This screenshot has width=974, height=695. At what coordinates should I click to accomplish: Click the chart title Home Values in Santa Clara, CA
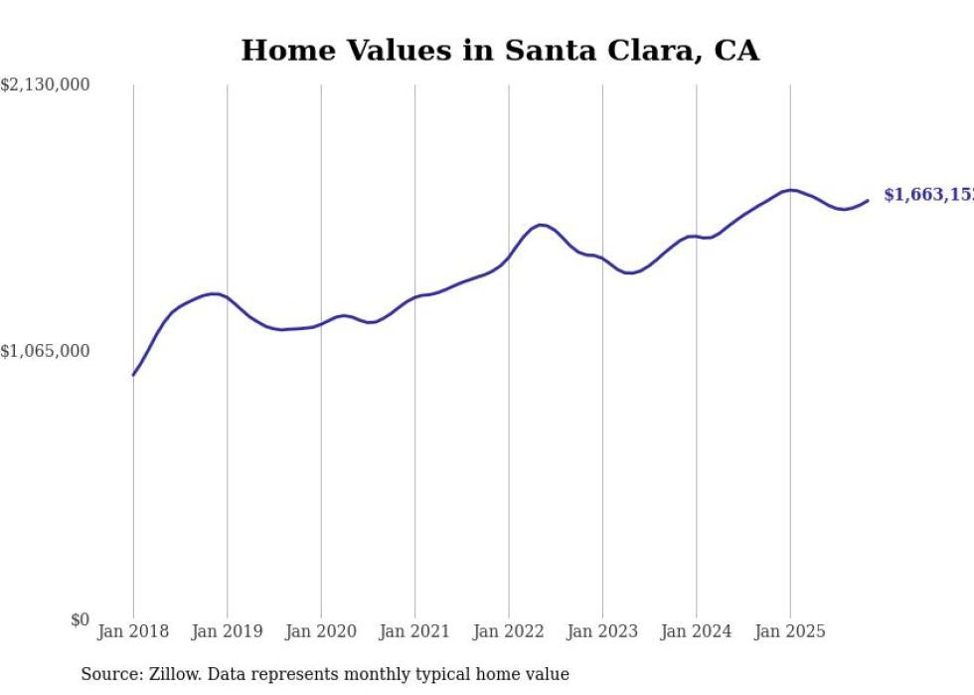tap(500, 51)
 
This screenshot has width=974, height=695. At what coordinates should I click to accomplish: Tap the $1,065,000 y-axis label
tap(45, 351)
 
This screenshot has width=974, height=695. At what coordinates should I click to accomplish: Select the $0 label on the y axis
tap(80, 620)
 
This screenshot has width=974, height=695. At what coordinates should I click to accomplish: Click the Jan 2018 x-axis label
tap(133, 631)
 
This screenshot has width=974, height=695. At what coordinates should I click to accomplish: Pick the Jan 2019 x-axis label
tap(227, 631)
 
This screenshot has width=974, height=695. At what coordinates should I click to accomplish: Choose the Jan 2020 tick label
tap(321, 631)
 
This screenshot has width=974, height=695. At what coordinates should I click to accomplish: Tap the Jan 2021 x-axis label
tap(414, 631)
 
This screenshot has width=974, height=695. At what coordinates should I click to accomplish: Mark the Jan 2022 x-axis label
tap(509, 631)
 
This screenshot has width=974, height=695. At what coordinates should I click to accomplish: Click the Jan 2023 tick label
tap(602, 631)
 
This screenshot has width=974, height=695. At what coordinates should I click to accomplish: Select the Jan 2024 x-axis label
tap(697, 631)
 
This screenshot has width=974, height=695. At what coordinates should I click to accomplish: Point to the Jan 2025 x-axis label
tap(790, 631)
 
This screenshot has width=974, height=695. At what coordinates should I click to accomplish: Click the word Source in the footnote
tap(108, 675)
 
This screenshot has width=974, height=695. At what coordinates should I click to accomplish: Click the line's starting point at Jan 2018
tap(133, 375)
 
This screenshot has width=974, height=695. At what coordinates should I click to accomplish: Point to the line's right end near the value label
tap(868, 201)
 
